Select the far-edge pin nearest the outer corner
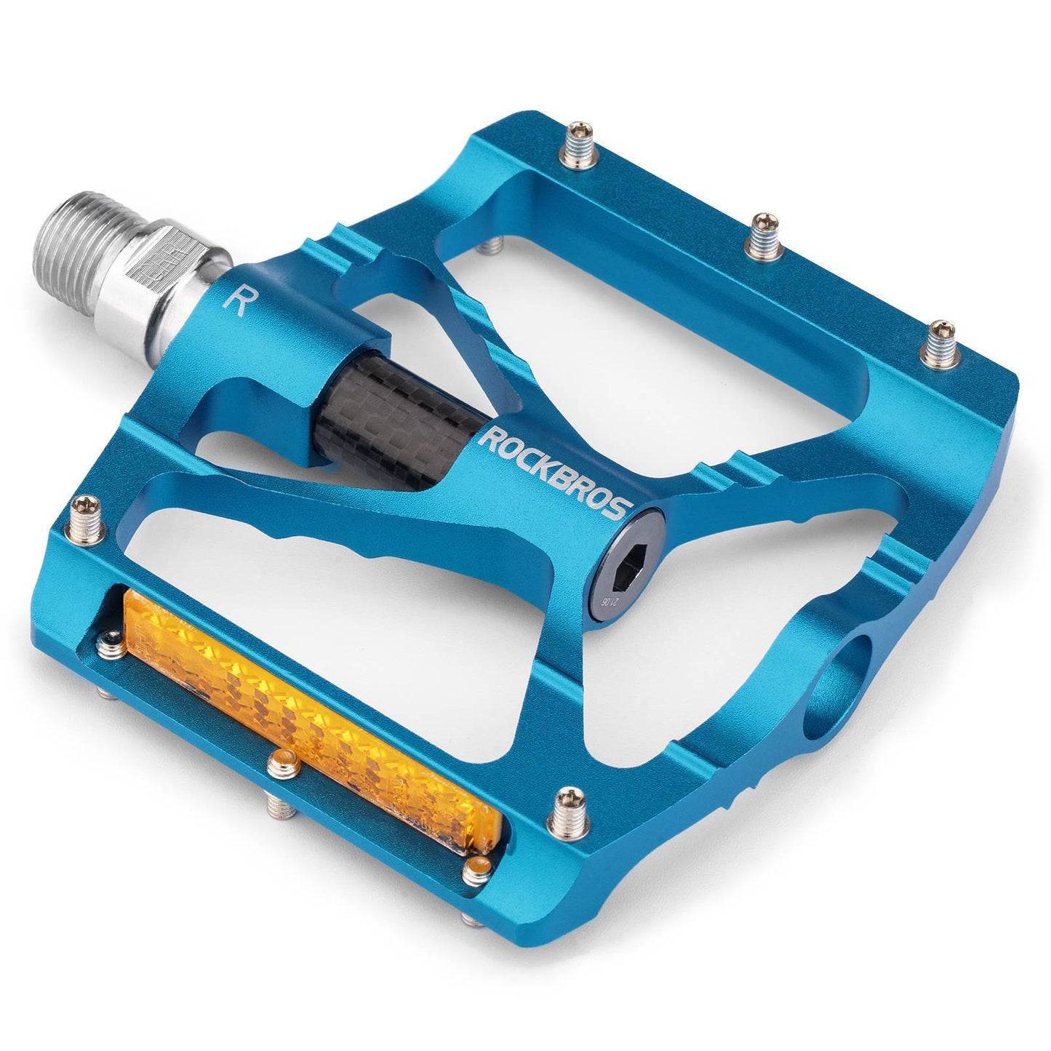pyautogui.click(x=940, y=340)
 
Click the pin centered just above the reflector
pyautogui.click(x=277, y=763)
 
